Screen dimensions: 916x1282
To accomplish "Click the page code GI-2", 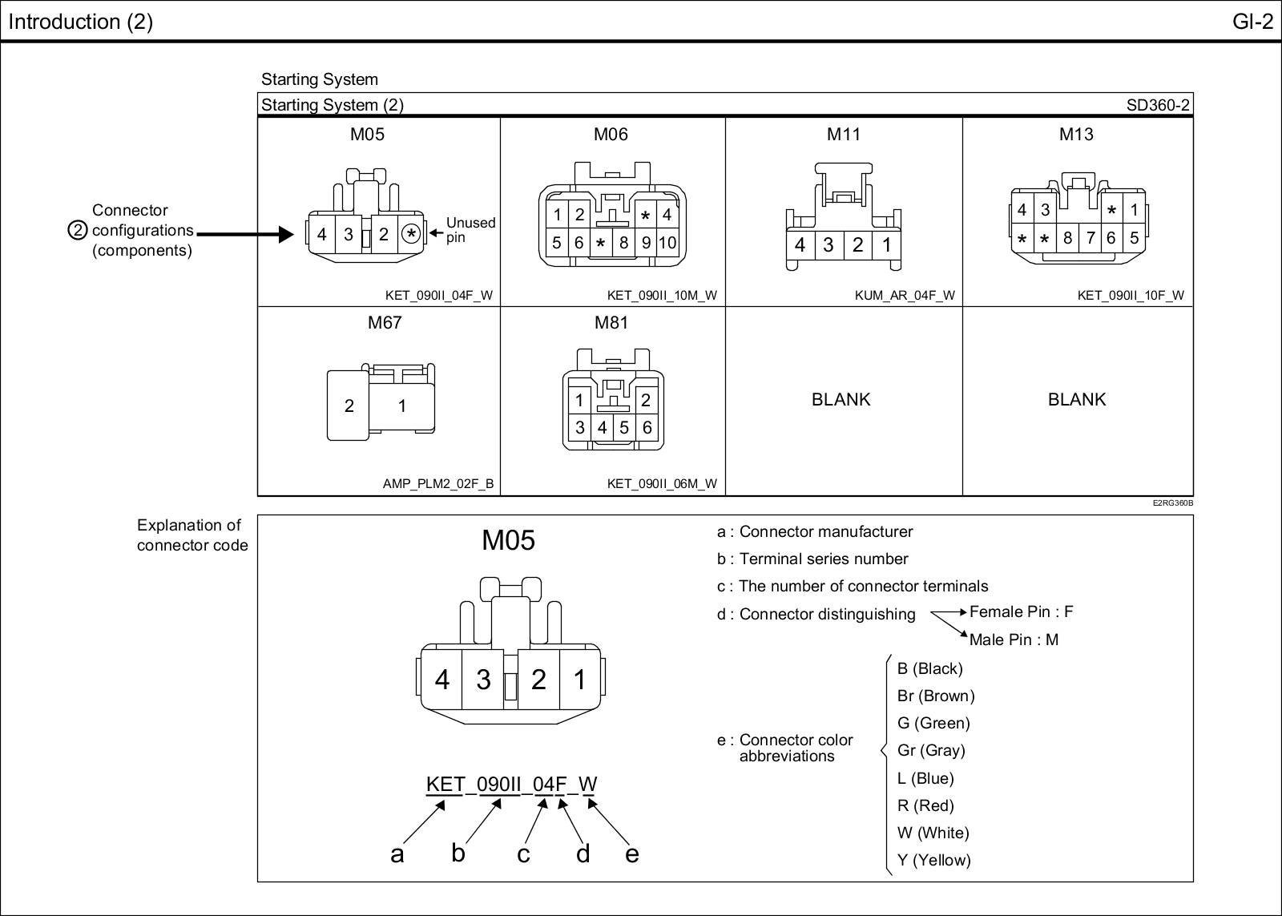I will tap(1252, 22).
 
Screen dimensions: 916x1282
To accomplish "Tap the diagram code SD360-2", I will tap(1158, 105).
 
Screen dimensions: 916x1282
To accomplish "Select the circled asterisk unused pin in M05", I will tap(411, 234).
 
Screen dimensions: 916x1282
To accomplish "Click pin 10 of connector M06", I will tap(667, 242).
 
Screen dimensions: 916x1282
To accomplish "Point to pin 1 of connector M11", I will tap(886, 244).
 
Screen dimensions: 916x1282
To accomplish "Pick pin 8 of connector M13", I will tap(1067, 238).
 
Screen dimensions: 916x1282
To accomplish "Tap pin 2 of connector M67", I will tap(349, 406).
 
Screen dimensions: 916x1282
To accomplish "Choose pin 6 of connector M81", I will tap(647, 427).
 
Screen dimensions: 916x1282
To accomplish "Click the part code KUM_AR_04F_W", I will tap(905, 295).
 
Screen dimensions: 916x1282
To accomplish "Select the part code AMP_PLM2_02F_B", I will tap(438, 484).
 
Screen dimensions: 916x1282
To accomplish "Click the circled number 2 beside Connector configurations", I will tap(78, 231).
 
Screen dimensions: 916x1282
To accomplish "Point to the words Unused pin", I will tap(470, 230).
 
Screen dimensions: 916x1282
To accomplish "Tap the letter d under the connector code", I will tap(583, 853).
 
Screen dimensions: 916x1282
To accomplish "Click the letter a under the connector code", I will tap(397, 854).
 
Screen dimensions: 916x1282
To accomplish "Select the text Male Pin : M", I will tap(1014, 640).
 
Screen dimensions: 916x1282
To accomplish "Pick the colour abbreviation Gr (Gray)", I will tap(931, 750).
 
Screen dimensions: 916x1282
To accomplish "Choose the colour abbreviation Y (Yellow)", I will tap(933, 860).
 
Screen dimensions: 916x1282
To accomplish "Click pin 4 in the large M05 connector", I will tap(442, 680).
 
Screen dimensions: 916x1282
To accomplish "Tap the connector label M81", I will tap(611, 322).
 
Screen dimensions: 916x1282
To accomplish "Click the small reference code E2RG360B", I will tap(1172, 503).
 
